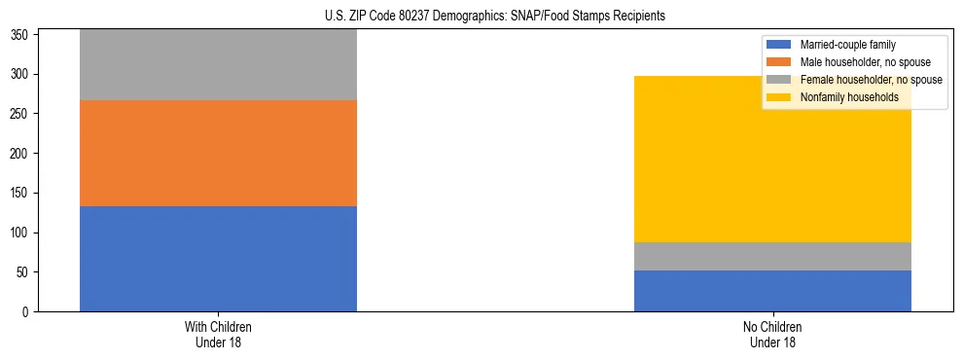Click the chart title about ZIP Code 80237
[x=481, y=17]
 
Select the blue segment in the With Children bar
[x=218, y=259]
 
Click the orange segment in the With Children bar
[x=218, y=153]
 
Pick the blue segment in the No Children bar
[x=772, y=291]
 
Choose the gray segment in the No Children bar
[x=772, y=256]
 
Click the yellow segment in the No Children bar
[x=772, y=165]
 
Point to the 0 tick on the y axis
[x=27, y=312]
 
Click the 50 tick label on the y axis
[x=24, y=272]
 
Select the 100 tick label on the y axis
[x=21, y=233]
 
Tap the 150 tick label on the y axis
[x=21, y=193]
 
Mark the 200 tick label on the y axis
[x=21, y=154]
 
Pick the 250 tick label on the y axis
[x=21, y=114]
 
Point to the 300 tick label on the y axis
[x=21, y=74]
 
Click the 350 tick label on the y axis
[x=21, y=34]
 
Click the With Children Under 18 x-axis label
[x=218, y=334]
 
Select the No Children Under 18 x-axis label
[x=772, y=334]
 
